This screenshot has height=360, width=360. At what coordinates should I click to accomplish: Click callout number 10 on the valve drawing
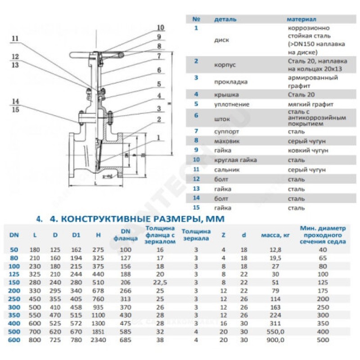pyautogui.click(x=161, y=27)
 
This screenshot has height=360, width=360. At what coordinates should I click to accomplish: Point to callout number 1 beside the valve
pyautogui.click(x=159, y=137)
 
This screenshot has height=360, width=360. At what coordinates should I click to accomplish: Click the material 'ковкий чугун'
pyautogui.click(x=307, y=150)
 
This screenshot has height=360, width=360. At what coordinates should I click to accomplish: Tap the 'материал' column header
pyautogui.click(x=302, y=20)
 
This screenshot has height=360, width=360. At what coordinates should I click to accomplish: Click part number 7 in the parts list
pyautogui.click(x=196, y=131)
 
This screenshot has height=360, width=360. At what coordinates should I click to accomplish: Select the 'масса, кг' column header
pyautogui.click(x=274, y=235)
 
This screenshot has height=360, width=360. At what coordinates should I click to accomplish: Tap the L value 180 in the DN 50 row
pyautogui.click(x=35, y=249)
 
